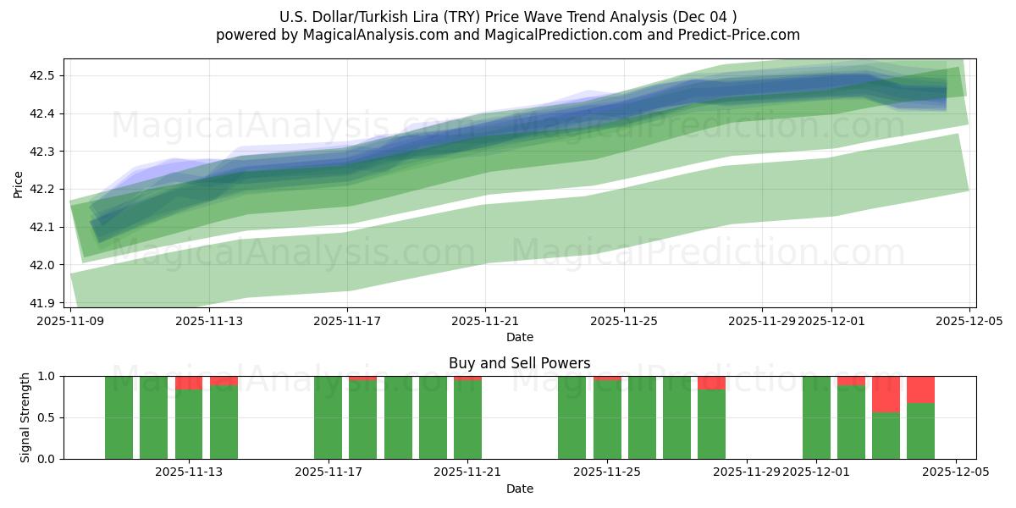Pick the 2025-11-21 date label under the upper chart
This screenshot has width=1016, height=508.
[x=485, y=322]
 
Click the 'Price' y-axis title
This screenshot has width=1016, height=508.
[x=19, y=183]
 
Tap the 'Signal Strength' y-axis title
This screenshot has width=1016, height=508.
[x=25, y=417]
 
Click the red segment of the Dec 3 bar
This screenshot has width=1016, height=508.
[x=886, y=394]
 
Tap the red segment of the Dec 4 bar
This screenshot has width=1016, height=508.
[x=920, y=389]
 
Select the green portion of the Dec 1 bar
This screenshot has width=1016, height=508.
[x=816, y=419]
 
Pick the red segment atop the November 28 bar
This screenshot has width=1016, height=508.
[x=711, y=383]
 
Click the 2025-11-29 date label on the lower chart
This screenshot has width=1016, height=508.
[x=747, y=472]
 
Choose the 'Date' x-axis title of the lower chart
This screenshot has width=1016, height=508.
[x=519, y=489]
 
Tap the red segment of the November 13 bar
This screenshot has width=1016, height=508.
[x=189, y=383]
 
